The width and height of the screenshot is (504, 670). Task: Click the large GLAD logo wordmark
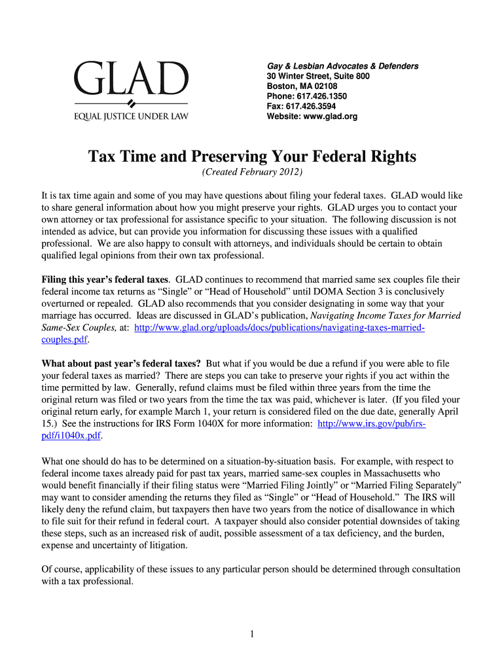click(x=131, y=79)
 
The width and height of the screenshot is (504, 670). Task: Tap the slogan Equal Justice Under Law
click(x=131, y=118)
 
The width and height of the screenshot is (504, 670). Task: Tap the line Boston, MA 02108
click(x=302, y=86)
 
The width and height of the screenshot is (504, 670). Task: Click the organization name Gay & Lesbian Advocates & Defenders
click(x=342, y=67)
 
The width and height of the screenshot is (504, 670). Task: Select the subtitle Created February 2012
click(x=252, y=173)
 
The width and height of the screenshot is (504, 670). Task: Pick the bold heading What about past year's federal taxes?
click(x=122, y=363)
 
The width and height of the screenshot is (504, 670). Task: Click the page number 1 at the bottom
click(x=252, y=634)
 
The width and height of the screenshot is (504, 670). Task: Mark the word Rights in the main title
click(x=390, y=157)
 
